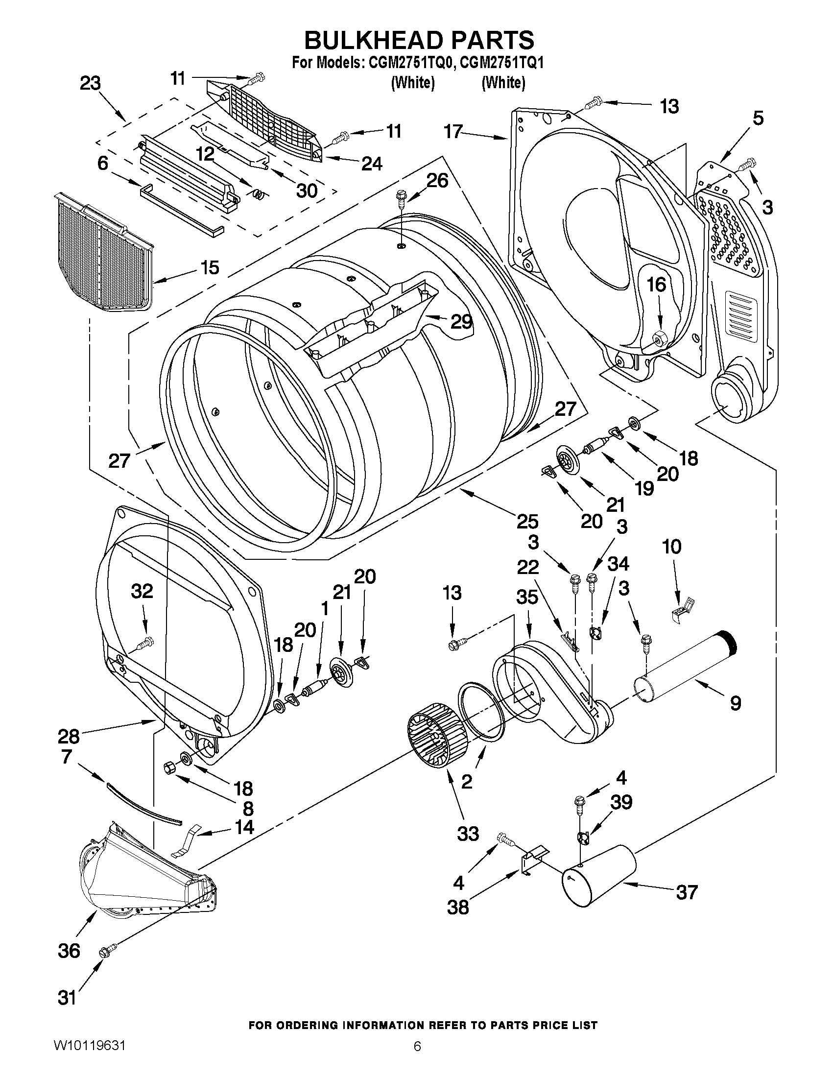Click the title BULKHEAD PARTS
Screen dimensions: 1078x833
(419, 40)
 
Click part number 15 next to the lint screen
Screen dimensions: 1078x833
(210, 268)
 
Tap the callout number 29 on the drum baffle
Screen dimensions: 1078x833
(461, 322)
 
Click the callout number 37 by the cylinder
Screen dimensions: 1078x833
(687, 892)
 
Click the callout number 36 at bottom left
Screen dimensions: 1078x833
(69, 950)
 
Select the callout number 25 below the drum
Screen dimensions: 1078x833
(527, 521)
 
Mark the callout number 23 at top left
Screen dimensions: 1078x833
(90, 83)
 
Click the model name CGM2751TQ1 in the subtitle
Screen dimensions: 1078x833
(501, 63)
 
